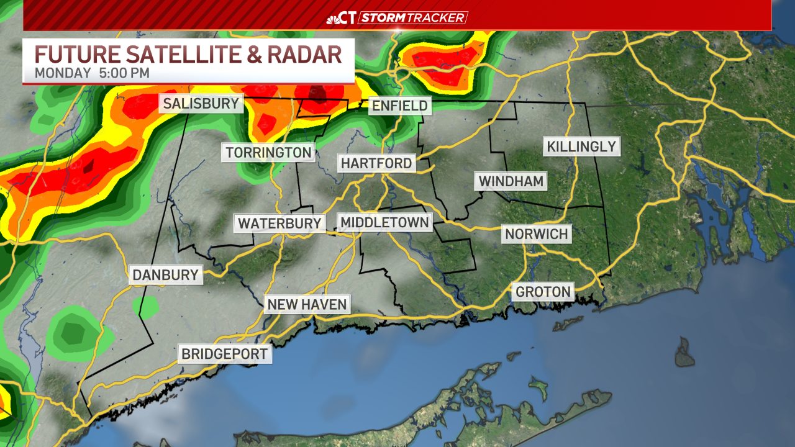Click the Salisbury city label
click(x=201, y=103)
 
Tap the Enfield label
click(x=399, y=106)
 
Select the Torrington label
click(x=268, y=152)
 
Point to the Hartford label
click(x=376, y=163)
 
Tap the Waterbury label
click(x=279, y=223)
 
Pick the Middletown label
click(x=384, y=222)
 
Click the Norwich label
click(x=536, y=234)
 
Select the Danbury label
click(x=165, y=274)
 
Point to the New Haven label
click(x=307, y=304)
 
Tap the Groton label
click(x=543, y=291)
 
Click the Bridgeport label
click(x=224, y=354)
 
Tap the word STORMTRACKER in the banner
click(x=413, y=17)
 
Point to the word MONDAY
click(x=63, y=73)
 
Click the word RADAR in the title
click(x=304, y=54)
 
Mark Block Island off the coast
click(x=685, y=351)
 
